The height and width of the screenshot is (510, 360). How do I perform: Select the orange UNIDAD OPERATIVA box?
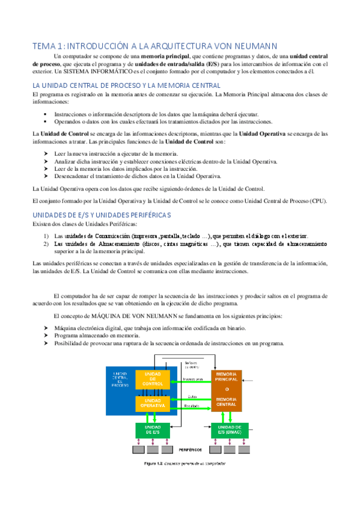[152, 403]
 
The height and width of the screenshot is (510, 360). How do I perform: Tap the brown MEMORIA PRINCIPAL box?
[226, 390]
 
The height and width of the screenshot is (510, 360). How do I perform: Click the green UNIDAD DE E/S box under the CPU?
[152, 429]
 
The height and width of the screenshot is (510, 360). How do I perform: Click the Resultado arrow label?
[191, 406]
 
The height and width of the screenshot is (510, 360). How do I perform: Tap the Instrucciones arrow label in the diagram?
[192, 379]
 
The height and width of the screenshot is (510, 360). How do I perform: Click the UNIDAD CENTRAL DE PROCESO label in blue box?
[120, 379]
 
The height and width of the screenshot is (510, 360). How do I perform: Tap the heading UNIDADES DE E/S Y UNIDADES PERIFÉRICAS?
[102, 215]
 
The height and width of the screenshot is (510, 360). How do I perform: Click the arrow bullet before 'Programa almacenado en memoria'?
[47, 335]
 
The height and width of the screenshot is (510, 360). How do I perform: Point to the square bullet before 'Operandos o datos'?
[45, 121]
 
